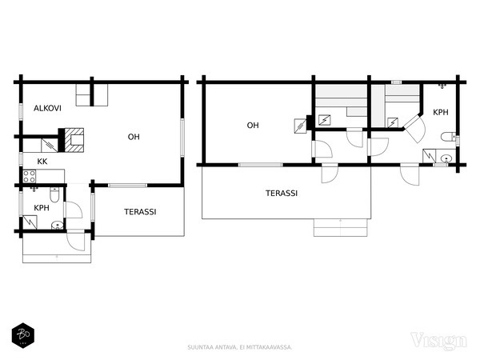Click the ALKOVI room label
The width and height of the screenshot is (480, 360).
click(47, 108)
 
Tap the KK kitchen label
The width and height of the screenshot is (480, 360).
click(42, 162)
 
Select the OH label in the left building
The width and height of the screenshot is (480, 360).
click(134, 137)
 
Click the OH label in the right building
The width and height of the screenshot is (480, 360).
click(253, 126)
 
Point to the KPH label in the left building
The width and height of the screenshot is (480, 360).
click(42, 208)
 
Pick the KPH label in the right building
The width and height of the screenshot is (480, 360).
click(441, 112)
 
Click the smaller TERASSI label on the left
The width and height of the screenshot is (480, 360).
click(140, 212)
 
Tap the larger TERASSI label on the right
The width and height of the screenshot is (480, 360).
click(282, 193)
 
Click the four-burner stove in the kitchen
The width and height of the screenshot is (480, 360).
click(30, 176)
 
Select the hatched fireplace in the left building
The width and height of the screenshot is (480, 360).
click(74, 140)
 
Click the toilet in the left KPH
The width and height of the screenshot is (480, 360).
click(54, 195)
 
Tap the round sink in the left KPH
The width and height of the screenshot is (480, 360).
click(58, 226)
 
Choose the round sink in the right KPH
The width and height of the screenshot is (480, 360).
click(446, 158)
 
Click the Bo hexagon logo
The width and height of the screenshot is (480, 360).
click(23, 335)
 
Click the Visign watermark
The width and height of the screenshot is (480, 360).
click(438, 341)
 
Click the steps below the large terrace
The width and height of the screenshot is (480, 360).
click(341, 227)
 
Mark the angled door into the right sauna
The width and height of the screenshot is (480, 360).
click(414, 128)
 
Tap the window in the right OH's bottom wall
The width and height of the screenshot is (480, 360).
click(261, 165)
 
